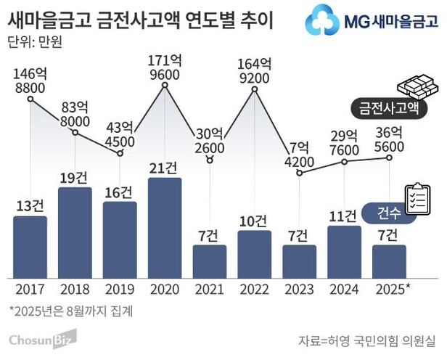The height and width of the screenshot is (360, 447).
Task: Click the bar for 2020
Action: click(164, 227)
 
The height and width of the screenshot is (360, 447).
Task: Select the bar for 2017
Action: click(30, 247)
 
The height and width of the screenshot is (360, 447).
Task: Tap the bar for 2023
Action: click(299, 261)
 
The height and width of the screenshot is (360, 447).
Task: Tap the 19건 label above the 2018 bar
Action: click(75, 176)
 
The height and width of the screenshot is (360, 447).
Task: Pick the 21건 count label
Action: click(164, 168)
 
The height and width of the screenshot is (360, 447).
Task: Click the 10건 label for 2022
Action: click(255, 221)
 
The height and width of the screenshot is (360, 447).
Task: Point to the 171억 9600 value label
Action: click(164, 66)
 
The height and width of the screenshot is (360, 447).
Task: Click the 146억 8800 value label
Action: click(30, 81)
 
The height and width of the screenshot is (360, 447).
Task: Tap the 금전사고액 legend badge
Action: click(389, 109)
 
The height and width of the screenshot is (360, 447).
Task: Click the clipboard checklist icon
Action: click(417, 195)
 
